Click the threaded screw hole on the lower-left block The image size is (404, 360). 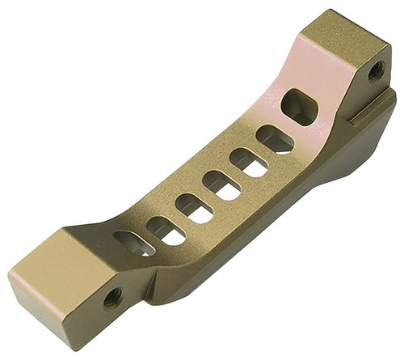pos(112,297)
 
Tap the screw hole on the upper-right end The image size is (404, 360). pos(376,71)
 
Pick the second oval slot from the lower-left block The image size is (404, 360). pos(166,231)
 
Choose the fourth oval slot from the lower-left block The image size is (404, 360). pos(221,185)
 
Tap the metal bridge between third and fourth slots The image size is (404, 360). pos(207,197)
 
